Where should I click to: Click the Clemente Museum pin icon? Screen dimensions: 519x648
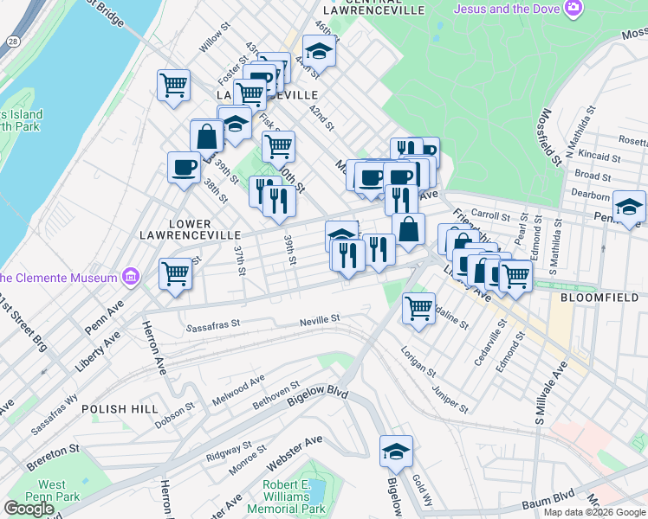pos(130,278)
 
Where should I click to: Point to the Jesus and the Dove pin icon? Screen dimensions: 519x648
pos(573,9)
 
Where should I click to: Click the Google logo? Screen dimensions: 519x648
pos(29,509)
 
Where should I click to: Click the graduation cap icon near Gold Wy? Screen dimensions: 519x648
pos(396,451)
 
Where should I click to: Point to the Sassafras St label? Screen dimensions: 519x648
pos(213,328)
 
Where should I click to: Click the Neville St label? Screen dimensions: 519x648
pos(320,319)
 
